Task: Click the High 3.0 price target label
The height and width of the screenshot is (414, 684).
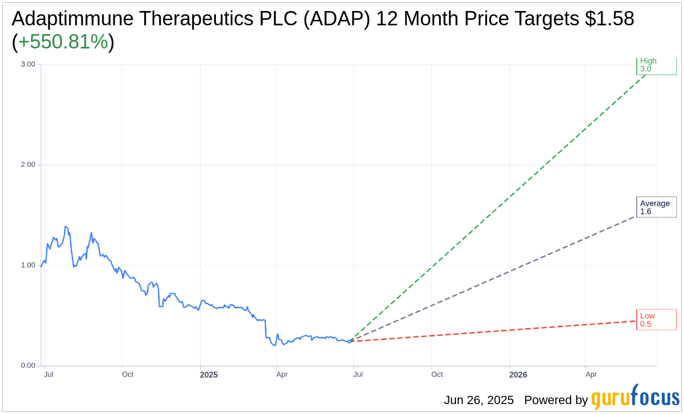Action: [x=655, y=66]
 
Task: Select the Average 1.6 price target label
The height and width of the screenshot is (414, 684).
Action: [x=655, y=207]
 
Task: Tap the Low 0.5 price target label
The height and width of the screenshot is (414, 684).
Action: [x=655, y=320]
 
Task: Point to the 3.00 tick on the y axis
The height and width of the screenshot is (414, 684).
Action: [x=28, y=64]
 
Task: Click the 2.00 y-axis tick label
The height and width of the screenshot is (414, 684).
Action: [x=28, y=165]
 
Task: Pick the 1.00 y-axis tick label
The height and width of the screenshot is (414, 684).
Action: [x=28, y=265]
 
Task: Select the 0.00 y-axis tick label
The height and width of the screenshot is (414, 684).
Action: [x=28, y=366]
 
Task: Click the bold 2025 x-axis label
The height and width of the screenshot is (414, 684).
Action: [x=209, y=375]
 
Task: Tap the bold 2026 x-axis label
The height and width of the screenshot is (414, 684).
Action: [x=518, y=375]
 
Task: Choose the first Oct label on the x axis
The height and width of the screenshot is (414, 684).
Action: [x=128, y=374]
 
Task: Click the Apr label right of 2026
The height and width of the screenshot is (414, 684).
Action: [x=591, y=374]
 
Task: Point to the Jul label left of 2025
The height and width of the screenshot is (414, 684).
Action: [x=48, y=374]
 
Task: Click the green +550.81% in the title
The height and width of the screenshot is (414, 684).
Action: [x=63, y=42]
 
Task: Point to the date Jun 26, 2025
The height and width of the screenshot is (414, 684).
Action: [x=479, y=400]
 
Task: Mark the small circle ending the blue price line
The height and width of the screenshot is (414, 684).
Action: [x=349, y=341]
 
